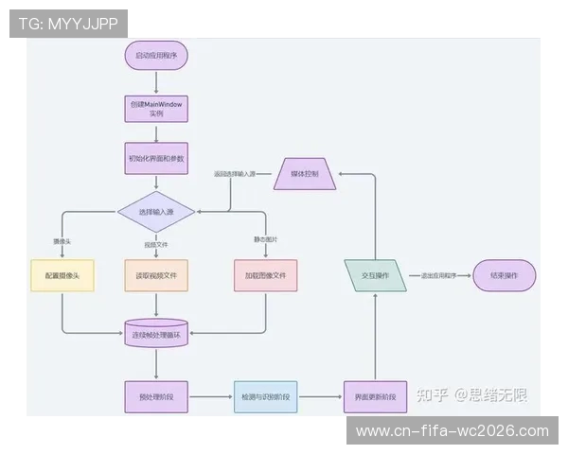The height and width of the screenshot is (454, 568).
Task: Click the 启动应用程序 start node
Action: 156,56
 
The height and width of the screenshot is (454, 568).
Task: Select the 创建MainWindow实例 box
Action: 156,107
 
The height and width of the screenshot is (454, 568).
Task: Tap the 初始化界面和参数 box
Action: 156,158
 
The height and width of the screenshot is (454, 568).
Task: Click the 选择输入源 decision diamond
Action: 156,212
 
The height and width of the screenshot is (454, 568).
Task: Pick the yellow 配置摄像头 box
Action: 62,275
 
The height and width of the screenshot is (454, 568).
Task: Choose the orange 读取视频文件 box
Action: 156,275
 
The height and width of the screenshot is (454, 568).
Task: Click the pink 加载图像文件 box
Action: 266,275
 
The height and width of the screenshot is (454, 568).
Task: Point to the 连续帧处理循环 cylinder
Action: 156,334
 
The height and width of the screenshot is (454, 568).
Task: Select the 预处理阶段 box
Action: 156,395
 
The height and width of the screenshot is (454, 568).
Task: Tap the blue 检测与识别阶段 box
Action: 266,395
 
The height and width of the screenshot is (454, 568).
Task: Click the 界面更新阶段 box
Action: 376,395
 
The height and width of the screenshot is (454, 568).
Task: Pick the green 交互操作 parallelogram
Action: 376,275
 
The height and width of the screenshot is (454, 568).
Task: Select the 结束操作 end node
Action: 504,275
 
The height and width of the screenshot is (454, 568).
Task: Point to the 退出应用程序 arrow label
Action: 438,275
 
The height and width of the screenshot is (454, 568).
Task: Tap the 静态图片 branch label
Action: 266,238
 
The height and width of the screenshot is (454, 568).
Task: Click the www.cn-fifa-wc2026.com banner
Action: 452,431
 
